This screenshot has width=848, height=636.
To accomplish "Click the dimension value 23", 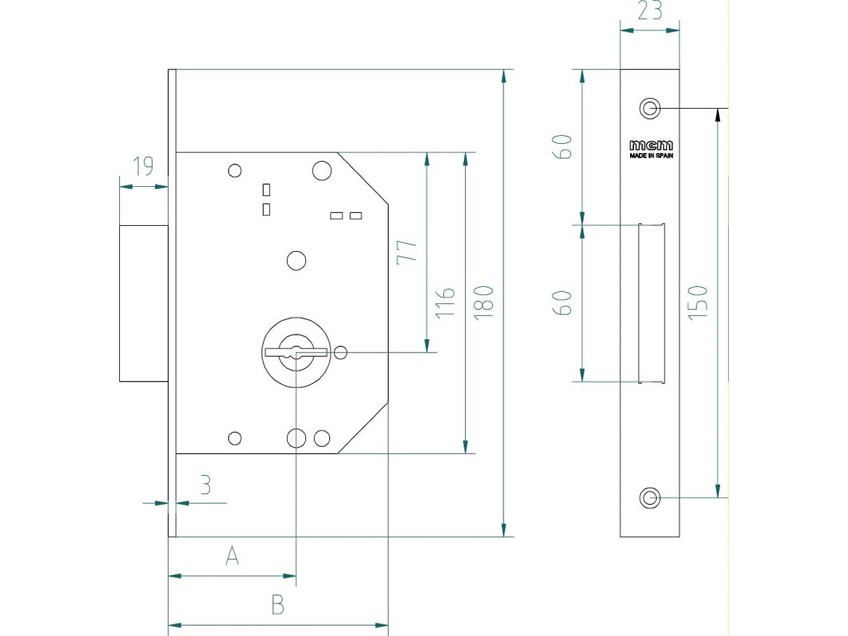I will pos(649,11).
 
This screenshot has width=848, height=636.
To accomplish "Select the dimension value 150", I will pos(698,303).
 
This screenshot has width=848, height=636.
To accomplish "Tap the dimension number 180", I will pos(484,303).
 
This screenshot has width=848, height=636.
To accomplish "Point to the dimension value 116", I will pos(445,303).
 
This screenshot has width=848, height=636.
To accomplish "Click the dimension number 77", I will pos(407,252).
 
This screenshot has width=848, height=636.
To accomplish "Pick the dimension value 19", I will pos(143,166).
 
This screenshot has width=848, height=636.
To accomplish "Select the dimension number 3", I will pos(205,486).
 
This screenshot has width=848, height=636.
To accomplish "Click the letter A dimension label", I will pos(232,556).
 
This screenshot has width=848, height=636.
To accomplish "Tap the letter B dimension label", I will pos(278,605).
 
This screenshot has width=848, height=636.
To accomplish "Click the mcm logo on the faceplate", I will pos(651,145).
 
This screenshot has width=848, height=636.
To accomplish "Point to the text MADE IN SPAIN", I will pos(651,156).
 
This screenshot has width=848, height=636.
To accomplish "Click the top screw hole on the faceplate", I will pos(649,108).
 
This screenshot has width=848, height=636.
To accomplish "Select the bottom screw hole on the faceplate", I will pos(650,498).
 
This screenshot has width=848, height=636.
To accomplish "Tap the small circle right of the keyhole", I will pos(341,352).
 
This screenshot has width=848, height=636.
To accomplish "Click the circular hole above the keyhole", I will pos(296,260).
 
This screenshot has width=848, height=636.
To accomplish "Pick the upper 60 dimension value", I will pos(562,146).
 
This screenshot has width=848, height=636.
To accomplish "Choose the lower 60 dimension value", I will pos(562,303).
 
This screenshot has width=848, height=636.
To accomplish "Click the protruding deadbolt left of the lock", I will pos(144,303).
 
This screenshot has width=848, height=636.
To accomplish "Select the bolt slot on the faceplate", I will pos(651,303).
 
